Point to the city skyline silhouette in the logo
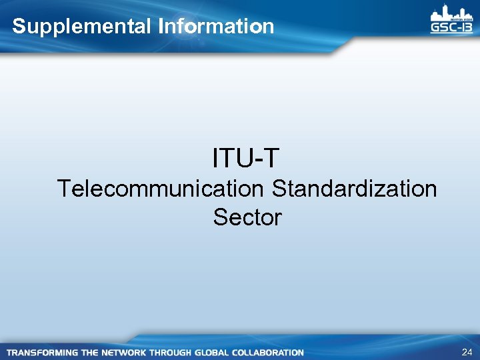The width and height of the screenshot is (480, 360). (x=451, y=13)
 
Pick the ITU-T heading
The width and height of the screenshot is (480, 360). (x=246, y=159)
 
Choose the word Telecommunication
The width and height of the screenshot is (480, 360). (x=161, y=189)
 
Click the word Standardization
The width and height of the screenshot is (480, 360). (x=354, y=189)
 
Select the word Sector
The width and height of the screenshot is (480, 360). (x=247, y=217)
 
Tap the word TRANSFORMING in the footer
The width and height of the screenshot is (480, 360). (x=43, y=352)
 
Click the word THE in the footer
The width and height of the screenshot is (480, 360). (x=93, y=352)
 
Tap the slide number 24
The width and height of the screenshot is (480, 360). (x=466, y=351)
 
